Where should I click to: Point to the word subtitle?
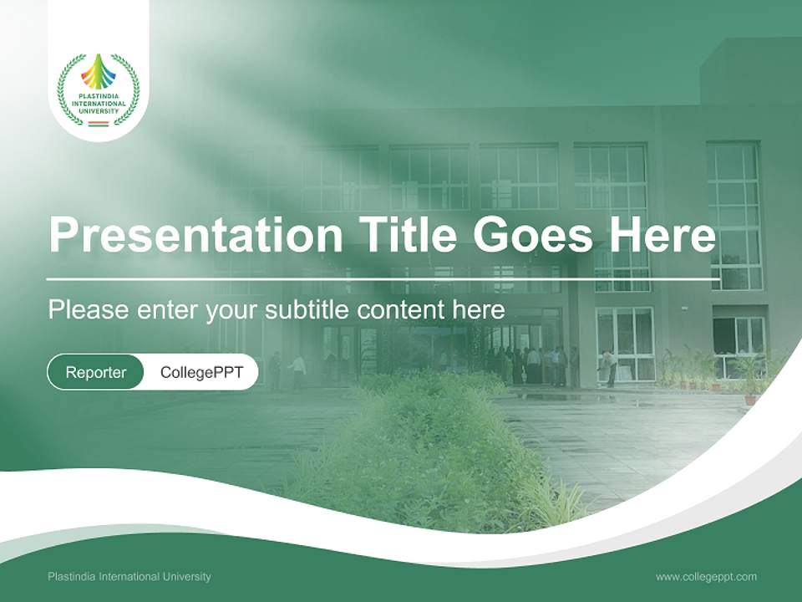[x=307, y=310]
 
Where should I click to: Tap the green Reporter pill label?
[x=96, y=372]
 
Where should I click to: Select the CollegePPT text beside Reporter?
[x=201, y=372]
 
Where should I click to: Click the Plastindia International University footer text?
[x=129, y=577]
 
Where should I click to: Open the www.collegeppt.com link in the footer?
[x=706, y=577]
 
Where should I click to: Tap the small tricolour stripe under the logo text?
[x=99, y=124]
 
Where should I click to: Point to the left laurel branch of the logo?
[x=67, y=90]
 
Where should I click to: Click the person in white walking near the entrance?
[x=297, y=368]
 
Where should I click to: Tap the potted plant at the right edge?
[x=750, y=375]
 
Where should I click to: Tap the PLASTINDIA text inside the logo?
[x=99, y=96]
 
